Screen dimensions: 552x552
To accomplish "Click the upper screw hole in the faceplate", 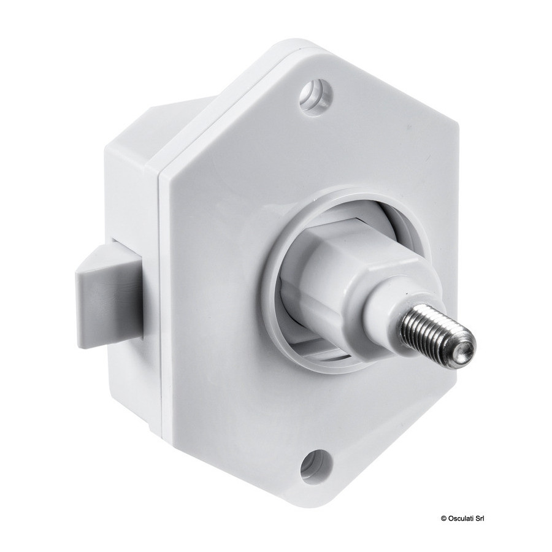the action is [x=316, y=94].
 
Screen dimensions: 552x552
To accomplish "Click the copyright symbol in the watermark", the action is [x=443, y=518].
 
